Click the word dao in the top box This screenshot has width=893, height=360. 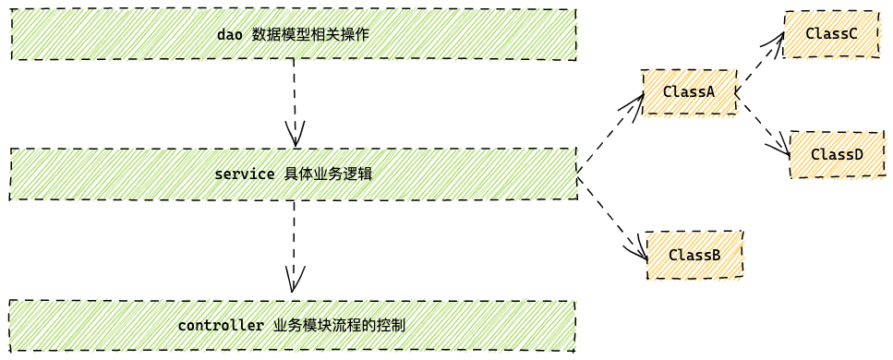click(229, 35)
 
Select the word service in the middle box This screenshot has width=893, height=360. click(244, 174)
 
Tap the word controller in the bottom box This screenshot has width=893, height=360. click(221, 326)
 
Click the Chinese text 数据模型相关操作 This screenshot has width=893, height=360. click(310, 35)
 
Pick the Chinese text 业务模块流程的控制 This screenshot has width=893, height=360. click(339, 326)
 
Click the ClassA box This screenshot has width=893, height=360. click(689, 92)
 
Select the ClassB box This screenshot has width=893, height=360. click(694, 255)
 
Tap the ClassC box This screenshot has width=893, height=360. click(831, 34)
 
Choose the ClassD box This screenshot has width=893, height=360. click(837, 154)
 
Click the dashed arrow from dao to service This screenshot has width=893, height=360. click(295, 97)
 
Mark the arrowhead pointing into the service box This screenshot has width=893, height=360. click(296, 136)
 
